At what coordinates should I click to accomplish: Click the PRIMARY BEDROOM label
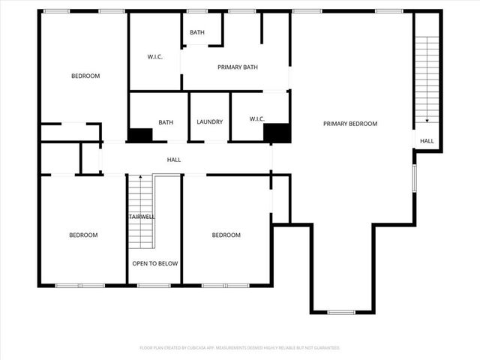[x=349, y=124]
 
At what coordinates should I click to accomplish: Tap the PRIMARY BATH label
[x=238, y=67]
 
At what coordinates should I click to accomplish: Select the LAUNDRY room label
[x=210, y=122]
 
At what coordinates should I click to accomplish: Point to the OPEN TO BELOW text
[x=154, y=263]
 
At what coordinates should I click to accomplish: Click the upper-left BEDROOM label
[x=85, y=76]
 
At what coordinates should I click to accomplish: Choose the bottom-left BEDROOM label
[x=83, y=235]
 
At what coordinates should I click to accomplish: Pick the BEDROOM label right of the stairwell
[x=226, y=235]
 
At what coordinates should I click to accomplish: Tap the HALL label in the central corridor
[x=173, y=159]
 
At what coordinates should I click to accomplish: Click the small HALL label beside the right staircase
[x=427, y=141]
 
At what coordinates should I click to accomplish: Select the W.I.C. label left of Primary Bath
[x=155, y=56]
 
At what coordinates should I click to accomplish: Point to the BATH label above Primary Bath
[x=197, y=32]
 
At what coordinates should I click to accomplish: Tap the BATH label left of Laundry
[x=166, y=122]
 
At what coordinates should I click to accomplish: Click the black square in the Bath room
[x=140, y=135]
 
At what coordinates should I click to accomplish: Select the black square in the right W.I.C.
[x=277, y=133]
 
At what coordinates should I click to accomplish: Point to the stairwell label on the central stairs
[x=141, y=216]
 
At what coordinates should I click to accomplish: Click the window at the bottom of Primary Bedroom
[x=341, y=311]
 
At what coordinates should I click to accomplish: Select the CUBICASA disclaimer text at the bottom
[x=240, y=348]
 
